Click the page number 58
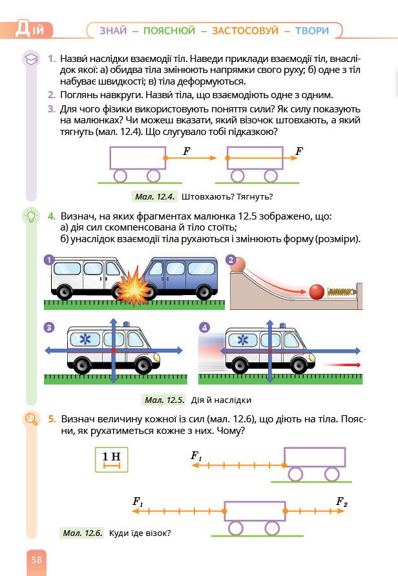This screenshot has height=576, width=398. pos(36,559)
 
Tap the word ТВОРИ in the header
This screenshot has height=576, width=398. pos(312,30)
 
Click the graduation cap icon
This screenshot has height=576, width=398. pos(30,59)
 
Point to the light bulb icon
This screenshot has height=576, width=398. pos(30,216)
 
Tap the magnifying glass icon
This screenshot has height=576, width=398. pos(30,420)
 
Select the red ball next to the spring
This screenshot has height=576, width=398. pos(316,291)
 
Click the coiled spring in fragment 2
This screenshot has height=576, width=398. pos(340,292)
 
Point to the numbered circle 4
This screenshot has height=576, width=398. pos(205,327)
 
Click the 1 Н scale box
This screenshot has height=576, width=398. pos(111,459)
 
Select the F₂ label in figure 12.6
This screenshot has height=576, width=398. pos(342,501)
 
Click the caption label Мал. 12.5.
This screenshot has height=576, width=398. pos(165,400)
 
